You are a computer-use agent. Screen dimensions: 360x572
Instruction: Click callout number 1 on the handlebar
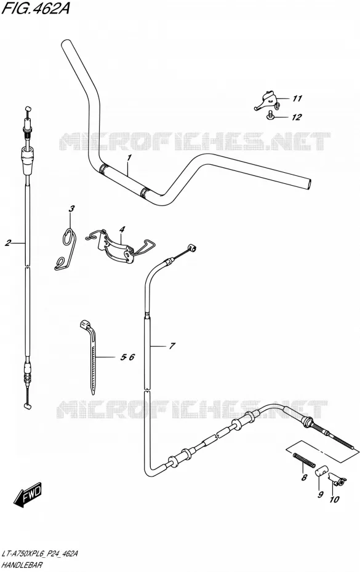point(129,157)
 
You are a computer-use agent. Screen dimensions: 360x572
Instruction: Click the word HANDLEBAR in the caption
point(22,565)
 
